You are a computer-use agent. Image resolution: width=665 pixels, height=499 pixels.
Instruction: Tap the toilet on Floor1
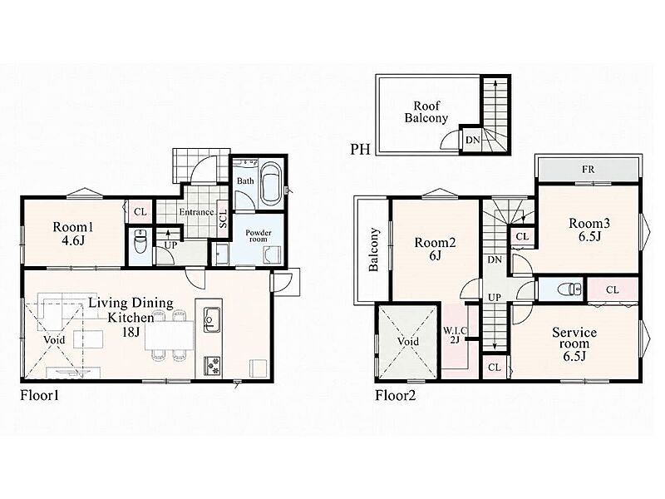tap(140, 241)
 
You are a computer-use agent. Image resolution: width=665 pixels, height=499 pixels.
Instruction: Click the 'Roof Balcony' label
tap(426, 112)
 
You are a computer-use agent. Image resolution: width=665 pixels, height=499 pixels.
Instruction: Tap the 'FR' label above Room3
tap(589, 170)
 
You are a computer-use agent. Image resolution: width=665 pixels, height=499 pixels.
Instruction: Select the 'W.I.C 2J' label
tap(455, 334)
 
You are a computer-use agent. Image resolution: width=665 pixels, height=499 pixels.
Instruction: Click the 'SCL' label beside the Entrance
tap(224, 218)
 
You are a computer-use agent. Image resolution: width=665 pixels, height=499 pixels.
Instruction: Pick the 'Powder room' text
tap(259, 236)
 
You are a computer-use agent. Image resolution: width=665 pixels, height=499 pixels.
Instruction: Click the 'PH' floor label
tap(360, 150)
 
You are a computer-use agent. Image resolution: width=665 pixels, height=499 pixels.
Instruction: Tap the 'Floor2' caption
tap(396, 396)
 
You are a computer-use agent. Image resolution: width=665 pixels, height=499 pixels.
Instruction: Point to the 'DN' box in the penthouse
tap(472, 139)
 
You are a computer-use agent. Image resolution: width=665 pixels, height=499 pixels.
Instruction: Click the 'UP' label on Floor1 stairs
tap(170, 245)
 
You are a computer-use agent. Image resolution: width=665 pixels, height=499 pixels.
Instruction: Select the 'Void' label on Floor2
tap(408, 341)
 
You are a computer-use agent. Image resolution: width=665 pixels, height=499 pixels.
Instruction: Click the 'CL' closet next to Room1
tap(140, 211)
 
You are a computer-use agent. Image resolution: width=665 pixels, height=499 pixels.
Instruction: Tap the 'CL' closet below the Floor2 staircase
tap(495, 368)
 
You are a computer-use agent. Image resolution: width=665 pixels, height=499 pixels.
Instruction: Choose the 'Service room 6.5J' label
tap(574, 343)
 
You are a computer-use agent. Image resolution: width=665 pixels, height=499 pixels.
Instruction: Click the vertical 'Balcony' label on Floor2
tap(373, 250)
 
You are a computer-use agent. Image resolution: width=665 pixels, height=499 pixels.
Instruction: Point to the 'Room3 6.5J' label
tap(589, 230)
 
